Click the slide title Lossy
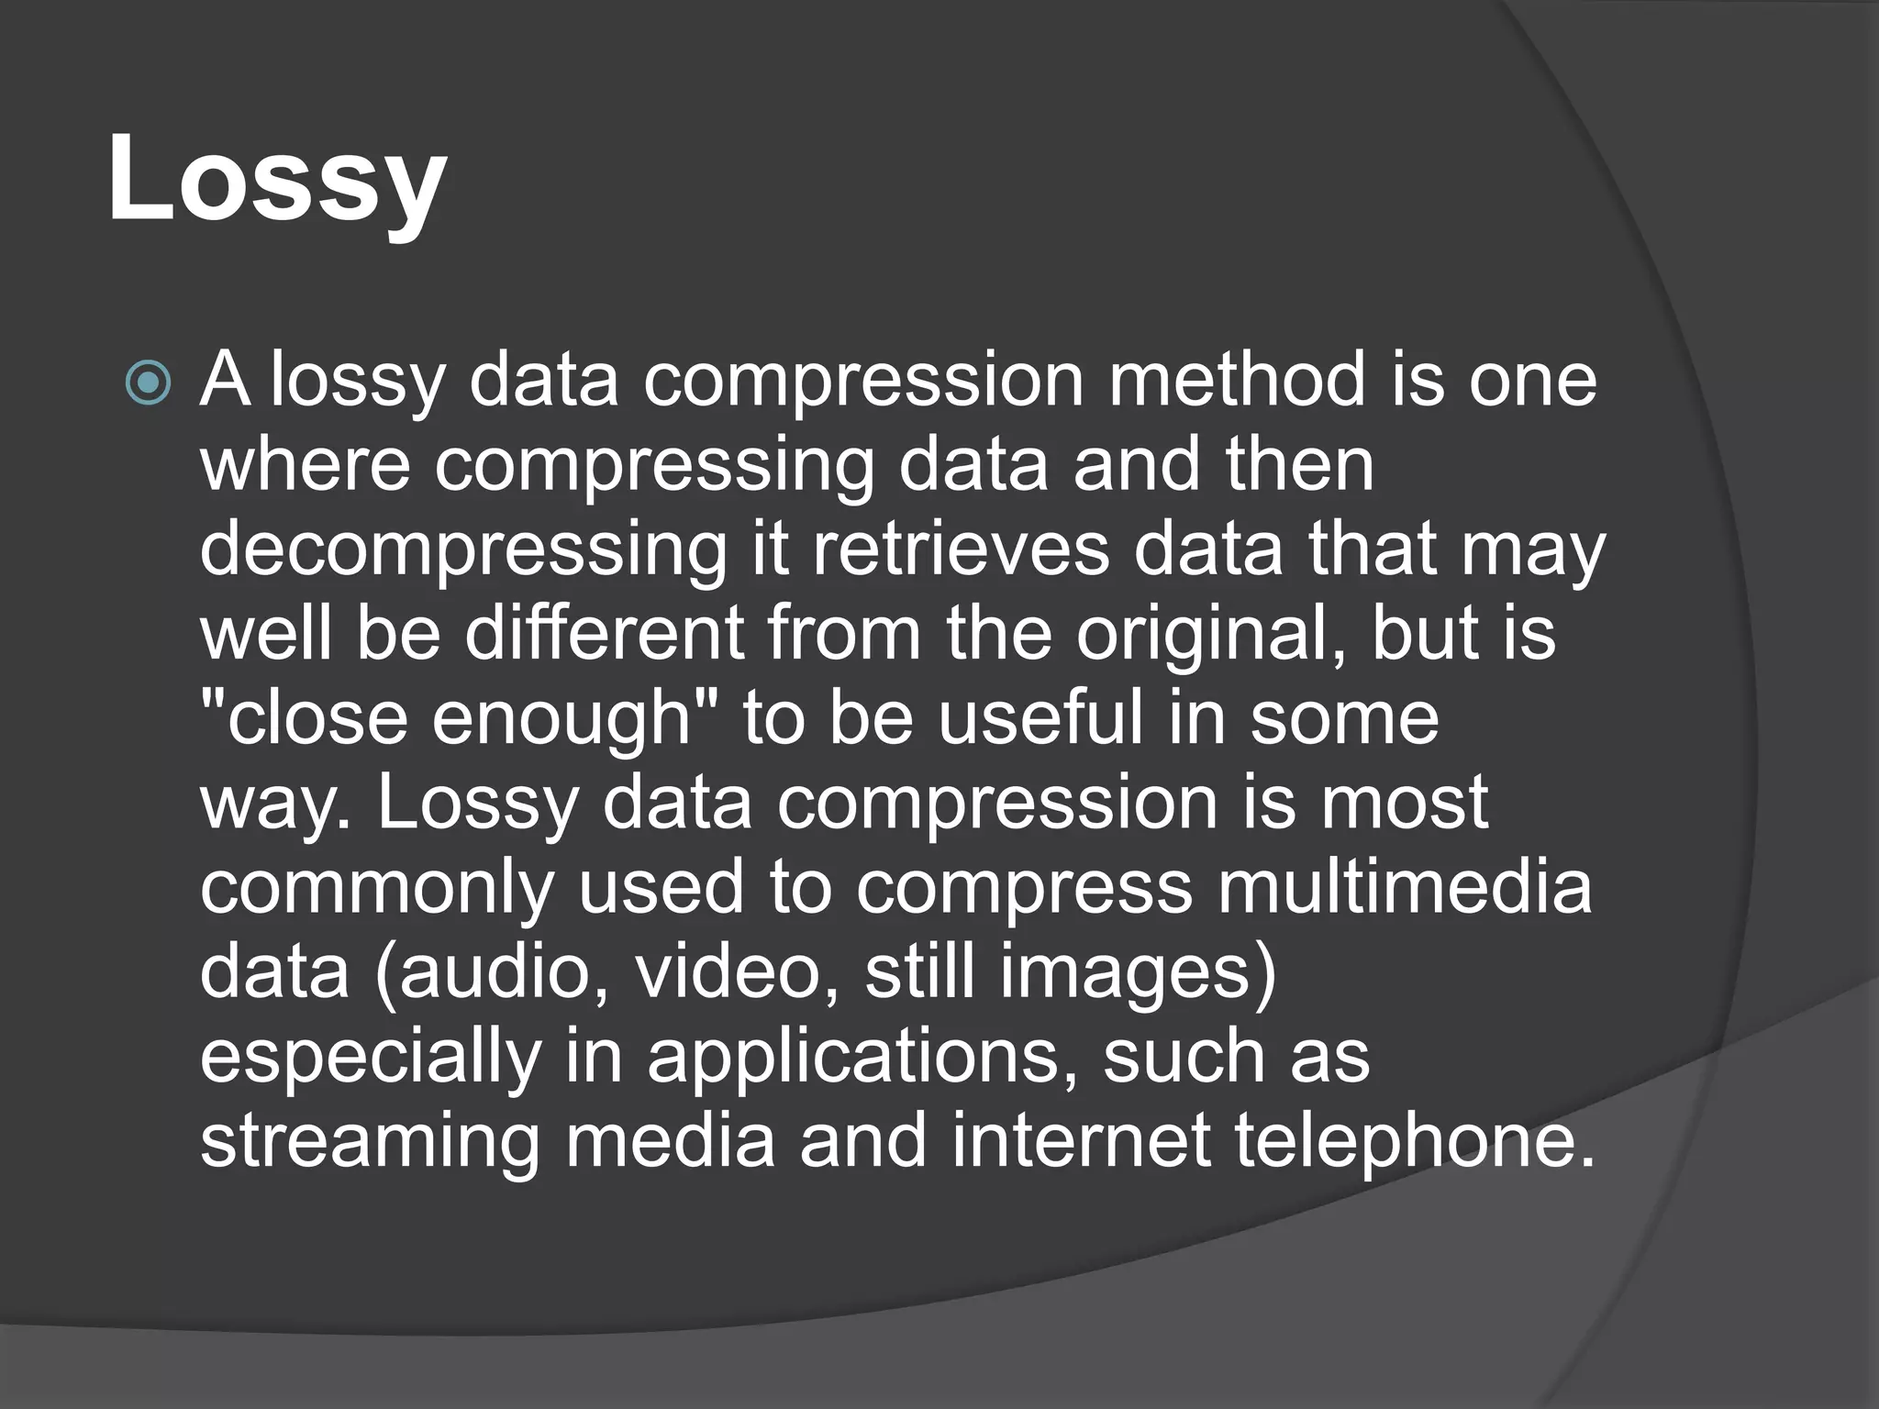pos(277,179)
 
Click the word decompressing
pos(462,551)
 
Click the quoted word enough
pos(561,720)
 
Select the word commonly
pos(377,890)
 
